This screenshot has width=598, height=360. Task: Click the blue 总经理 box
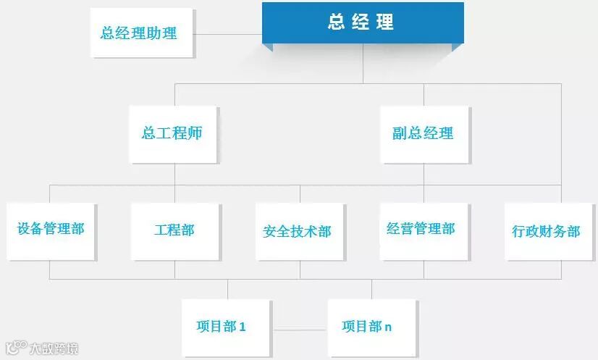click(362, 22)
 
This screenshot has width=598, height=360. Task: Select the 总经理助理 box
click(138, 33)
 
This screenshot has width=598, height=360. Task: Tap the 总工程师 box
click(172, 134)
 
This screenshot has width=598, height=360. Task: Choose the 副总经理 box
click(423, 134)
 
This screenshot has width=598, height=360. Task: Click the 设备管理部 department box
click(51, 230)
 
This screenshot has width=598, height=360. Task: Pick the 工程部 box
click(174, 230)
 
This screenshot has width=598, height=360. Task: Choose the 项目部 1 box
click(221, 327)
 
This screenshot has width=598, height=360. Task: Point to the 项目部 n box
click(367, 327)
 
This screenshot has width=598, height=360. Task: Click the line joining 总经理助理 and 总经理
click(228, 34)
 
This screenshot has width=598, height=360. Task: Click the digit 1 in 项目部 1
click(243, 327)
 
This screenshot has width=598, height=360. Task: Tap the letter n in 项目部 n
click(388, 327)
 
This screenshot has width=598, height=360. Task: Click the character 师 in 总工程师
click(193, 134)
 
